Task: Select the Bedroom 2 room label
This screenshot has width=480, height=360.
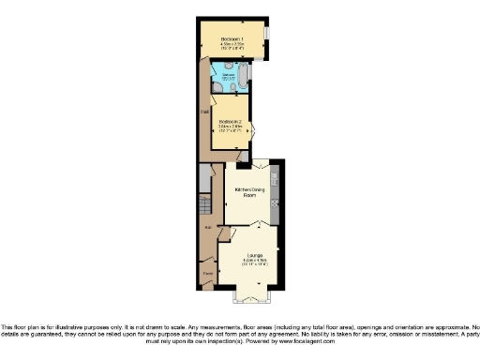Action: pyautogui.click(x=230, y=121)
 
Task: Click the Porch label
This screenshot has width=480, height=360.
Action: pyautogui.click(x=206, y=274)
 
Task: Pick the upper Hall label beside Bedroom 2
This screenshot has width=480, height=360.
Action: pyautogui.click(x=203, y=113)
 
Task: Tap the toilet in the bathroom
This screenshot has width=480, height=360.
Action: pyautogui.click(x=217, y=87)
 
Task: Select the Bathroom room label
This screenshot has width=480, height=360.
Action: pyautogui.click(x=228, y=74)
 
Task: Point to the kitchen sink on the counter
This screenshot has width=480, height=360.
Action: pyautogui.click(x=274, y=179)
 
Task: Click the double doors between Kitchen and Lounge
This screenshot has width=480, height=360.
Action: pyautogui.click(x=247, y=225)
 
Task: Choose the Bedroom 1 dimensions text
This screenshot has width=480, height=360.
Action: pyautogui.click(x=232, y=44)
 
